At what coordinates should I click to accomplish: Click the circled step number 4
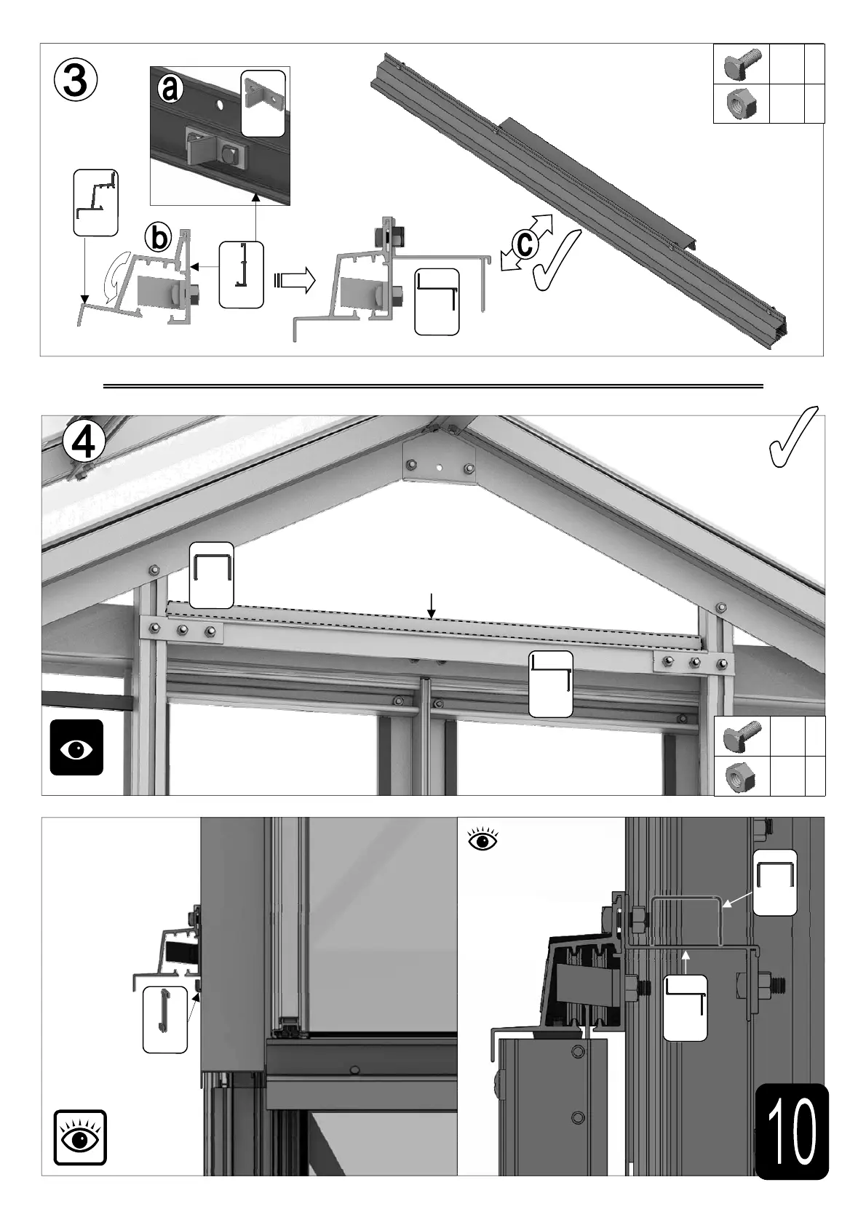(x=84, y=442)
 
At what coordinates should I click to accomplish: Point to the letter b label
(x=158, y=238)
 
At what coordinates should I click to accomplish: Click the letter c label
(x=525, y=244)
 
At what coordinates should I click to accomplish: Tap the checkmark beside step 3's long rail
(x=557, y=260)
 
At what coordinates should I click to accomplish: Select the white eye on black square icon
(x=76, y=747)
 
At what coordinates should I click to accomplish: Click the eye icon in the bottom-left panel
(x=80, y=1137)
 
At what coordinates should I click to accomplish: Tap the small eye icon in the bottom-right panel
(x=483, y=840)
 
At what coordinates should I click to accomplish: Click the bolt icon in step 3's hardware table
(x=742, y=64)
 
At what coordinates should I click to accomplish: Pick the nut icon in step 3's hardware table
(x=742, y=104)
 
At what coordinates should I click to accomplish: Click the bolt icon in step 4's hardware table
(x=742, y=735)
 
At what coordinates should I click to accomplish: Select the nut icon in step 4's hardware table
(x=742, y=776)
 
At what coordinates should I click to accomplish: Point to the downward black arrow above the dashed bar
(x=432, y=605)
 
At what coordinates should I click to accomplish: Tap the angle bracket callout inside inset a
(x=263, y=103)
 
